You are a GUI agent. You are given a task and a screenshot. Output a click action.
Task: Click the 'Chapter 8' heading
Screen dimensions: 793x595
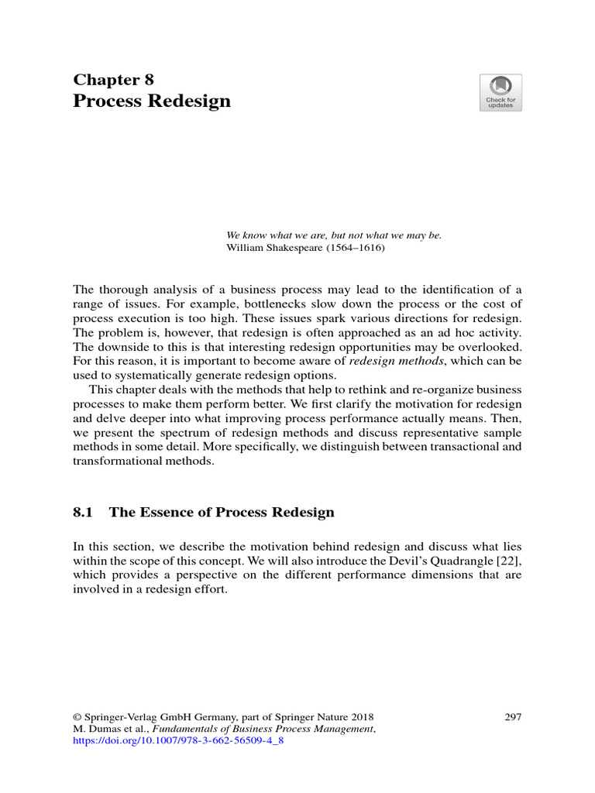(114, 80)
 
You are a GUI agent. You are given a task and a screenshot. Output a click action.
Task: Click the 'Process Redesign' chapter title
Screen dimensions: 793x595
(152, 101)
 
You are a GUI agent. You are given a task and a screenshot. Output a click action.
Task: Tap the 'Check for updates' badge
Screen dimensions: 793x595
(500, 93)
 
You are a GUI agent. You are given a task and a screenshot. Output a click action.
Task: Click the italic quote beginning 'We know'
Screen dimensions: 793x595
(333, 235)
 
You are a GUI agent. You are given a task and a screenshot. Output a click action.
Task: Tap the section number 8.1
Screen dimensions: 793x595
(83, 512)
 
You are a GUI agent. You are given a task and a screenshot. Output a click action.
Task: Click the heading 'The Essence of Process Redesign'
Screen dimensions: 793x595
(222, 512)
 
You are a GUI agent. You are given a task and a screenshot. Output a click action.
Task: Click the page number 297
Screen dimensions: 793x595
(513, 716)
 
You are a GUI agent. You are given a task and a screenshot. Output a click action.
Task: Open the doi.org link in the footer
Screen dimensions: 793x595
(179, 740)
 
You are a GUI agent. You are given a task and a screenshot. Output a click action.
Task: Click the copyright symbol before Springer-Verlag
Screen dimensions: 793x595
(77, 716)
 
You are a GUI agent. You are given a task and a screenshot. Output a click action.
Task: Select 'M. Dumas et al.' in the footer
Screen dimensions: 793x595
(110, 729)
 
